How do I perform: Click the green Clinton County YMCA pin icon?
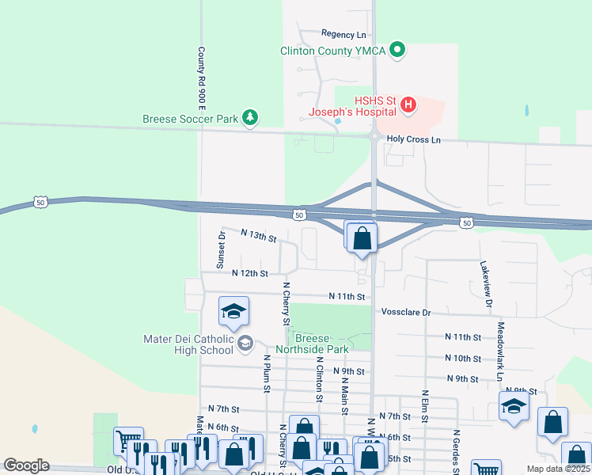coord(398,51)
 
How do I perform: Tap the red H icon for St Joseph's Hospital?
coord(408,104)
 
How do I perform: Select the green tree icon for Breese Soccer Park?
coord(250,119)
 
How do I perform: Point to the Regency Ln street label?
coord(343,35)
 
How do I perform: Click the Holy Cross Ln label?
coord(412,139)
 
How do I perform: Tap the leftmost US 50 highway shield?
coord(41,203)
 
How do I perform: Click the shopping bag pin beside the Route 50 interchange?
coord(362,238)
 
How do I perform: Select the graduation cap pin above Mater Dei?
coord(233,312)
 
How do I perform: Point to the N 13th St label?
coord(259,237)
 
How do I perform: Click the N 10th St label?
coord(463,358)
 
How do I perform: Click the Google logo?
coord(26,465)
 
